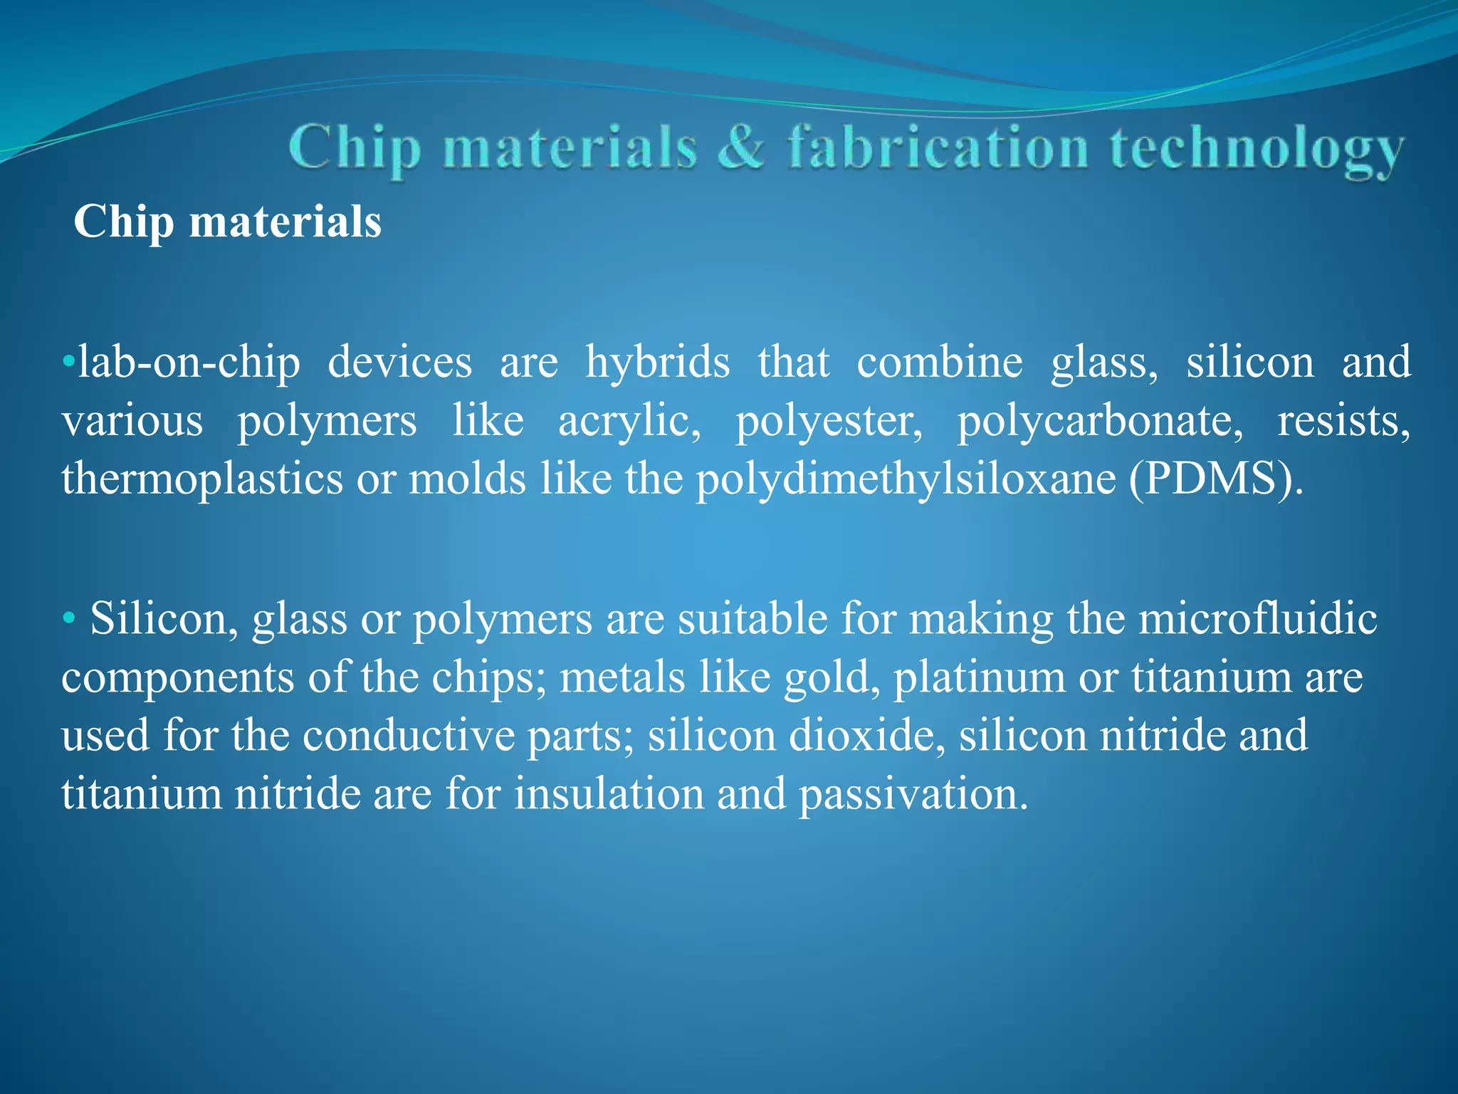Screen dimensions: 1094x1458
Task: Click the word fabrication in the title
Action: click(x=938, y=148)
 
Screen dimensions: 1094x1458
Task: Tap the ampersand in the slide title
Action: click(x=741, y=148)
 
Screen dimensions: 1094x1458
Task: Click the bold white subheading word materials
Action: click(x=285, y=222)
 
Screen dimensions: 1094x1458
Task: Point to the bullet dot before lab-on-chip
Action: click(x=68, y=362)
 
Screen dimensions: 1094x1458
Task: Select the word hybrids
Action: click(x=657, y=362)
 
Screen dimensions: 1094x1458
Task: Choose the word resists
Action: click(x=1343, y=420)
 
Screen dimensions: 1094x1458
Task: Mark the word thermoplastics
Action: click(x=202, y=479)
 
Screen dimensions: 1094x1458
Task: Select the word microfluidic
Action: click(x=1257, y=618)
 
